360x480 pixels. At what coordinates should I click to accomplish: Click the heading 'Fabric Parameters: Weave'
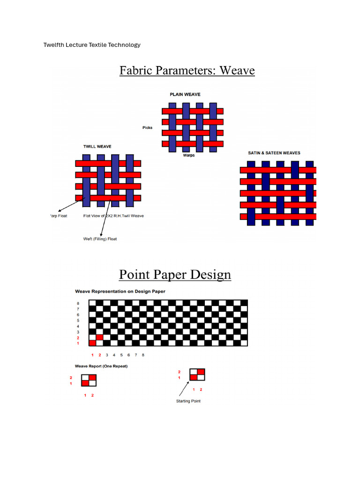pos(187,71)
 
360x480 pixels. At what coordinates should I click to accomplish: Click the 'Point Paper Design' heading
pos(175,274)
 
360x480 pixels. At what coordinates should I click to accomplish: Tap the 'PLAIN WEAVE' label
pos(185,95)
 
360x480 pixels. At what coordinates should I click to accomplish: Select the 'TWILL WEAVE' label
pos(97,147)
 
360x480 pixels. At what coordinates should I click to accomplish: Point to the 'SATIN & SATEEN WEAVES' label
pos(274,153)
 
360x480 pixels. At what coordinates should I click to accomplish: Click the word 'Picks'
pos(148,127)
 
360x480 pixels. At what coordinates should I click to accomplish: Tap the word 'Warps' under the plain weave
pos(189,156)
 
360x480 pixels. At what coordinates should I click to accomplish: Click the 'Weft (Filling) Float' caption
pos(100,239)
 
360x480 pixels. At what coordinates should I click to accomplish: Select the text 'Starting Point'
pos(188,401)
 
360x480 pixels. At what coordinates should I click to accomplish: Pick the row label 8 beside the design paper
pos(78,303)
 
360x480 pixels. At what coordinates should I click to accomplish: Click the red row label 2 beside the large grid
pos(78,337)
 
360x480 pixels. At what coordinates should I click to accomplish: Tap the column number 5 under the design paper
pos(121,355)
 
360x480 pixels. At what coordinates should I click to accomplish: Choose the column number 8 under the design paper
pos(143,355)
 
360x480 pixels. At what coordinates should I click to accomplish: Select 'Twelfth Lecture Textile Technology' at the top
pos(92,45)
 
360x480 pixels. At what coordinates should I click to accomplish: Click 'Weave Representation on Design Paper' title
pos(120,291)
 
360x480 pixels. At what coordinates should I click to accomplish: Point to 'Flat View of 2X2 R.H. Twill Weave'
pos(113,216)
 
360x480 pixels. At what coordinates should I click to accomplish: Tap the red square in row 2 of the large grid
pos(99,337)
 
